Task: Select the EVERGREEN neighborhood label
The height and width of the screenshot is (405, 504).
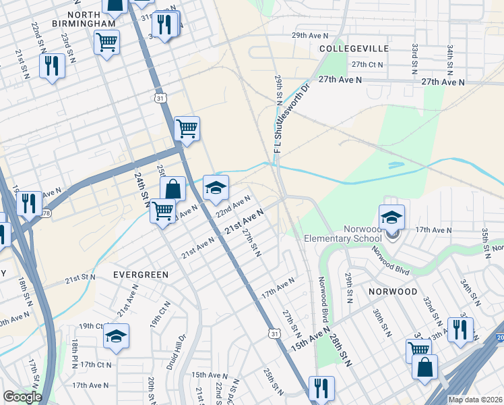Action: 140,275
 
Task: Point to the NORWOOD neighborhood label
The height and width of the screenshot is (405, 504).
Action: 393,291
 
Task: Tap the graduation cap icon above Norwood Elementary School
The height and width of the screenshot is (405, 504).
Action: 391,217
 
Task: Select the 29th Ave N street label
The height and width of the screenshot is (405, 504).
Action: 310,35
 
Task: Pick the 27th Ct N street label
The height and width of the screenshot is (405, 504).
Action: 367,65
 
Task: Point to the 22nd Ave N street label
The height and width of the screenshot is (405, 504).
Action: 233,207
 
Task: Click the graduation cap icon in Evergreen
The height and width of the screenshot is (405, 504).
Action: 116,335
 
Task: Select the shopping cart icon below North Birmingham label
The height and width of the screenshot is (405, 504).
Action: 106,42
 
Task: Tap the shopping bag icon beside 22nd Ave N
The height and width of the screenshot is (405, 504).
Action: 172,189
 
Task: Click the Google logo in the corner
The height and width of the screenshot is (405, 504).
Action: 22,397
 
